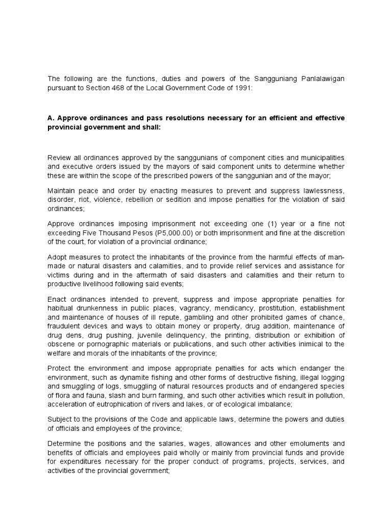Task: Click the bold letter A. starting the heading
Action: click(51, 118)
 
